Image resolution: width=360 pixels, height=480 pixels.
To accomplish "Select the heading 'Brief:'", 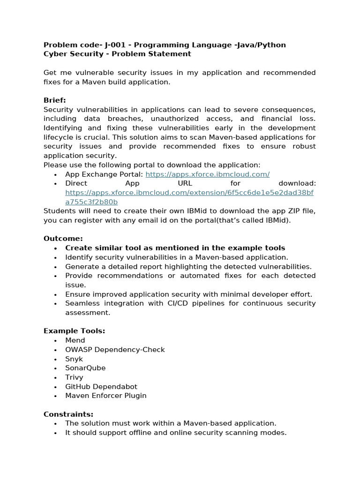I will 55,100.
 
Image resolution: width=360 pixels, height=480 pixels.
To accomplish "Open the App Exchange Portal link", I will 207,174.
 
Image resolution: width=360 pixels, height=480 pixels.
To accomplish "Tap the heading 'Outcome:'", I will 63,239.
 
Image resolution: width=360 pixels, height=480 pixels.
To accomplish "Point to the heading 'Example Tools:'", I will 74,331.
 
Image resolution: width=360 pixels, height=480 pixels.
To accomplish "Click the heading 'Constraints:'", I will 68,414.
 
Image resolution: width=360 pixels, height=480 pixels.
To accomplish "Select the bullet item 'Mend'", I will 75,340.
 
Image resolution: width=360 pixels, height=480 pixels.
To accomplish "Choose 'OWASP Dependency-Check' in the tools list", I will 115,350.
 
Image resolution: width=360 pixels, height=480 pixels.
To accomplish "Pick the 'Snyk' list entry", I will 74,359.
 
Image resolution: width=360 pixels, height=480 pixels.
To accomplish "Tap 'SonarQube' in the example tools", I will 85,368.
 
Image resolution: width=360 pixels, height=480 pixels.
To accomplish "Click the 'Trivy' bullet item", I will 74,377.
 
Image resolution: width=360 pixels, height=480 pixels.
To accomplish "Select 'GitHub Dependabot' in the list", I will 101,387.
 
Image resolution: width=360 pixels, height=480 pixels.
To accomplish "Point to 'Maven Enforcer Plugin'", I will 106,396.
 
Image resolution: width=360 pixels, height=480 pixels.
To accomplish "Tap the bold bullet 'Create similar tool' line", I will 175,248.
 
